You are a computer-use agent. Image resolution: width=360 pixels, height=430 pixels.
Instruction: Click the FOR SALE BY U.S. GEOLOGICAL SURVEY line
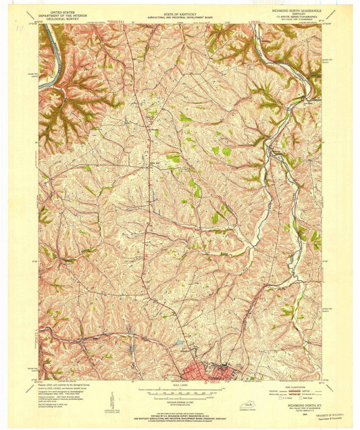[179, 411]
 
